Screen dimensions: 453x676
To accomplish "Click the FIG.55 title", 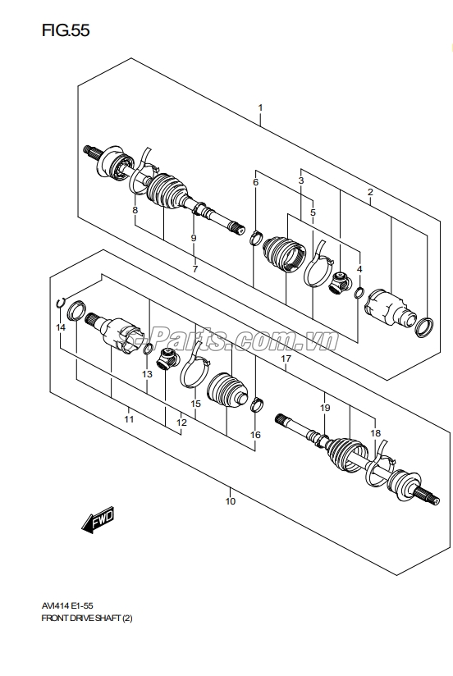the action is pos(66,30).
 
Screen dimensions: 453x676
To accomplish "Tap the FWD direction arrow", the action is pos(98,519).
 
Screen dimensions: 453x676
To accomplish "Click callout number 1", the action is pos(260,107).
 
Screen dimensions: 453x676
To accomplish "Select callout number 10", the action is pos(231,501).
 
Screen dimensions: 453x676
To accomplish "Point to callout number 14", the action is pos(61,327).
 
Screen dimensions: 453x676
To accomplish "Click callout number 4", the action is pos(359,269).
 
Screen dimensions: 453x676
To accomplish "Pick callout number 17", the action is pos(286,359).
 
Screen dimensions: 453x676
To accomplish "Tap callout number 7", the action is pos(195,269).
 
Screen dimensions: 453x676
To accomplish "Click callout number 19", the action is pos(325,408).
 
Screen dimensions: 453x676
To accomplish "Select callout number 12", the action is pos(181,422).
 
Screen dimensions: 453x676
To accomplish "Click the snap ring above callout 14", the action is pos(61,303).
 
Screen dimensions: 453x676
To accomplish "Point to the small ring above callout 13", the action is pos(147,349).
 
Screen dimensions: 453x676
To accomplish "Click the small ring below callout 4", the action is pos(359,294).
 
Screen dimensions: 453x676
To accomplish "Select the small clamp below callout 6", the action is pos(256,238).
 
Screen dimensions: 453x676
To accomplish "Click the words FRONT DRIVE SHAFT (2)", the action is pos(87,619).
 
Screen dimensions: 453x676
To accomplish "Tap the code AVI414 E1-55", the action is pos(66,605).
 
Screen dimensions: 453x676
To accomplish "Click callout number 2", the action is pos(370,192).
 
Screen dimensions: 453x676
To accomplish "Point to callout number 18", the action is pos(375,433).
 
